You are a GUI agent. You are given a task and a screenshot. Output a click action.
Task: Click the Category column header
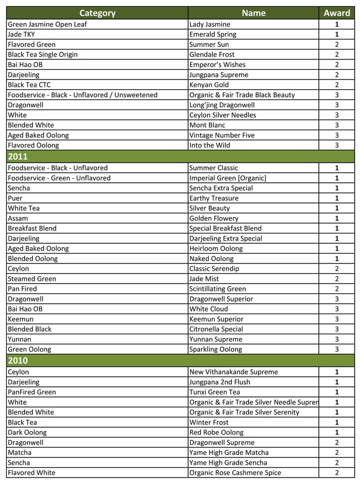(x=97, y=13)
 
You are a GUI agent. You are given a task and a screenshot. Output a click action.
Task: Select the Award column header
(x=336, y=13)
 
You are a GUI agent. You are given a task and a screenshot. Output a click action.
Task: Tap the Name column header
(x=253, y=13)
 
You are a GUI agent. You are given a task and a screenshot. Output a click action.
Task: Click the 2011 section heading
(x=18, y=157)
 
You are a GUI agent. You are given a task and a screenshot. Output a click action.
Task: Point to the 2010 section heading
(x=18, y=361)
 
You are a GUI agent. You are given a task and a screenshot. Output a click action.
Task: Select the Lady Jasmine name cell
(x=210, y=24)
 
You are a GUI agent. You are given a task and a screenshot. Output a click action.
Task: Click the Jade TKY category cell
(x=21, y=35)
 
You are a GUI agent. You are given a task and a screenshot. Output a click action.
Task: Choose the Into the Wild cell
(x=210, y=145)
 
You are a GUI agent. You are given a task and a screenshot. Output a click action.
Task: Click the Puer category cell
(x=15, y=198)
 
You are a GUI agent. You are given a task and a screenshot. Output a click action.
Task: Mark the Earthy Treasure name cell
(x=214, y=198)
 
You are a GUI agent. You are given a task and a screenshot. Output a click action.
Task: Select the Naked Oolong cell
(x=212, y=259)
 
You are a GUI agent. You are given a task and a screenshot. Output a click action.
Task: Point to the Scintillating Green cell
(x=217, y=289)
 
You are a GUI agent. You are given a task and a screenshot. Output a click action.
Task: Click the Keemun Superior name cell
(x=216, y=319)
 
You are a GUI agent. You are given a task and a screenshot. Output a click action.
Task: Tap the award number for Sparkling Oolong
(x=336, y=350)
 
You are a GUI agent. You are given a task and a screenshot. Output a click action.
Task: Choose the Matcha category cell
(x=20, y=453)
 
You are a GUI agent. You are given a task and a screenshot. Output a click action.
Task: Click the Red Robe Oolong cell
(x=216, y=433)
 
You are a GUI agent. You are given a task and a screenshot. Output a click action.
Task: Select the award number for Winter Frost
(x=336, y=423)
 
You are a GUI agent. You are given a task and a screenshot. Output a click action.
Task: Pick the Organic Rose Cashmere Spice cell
(x=235, y=473)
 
